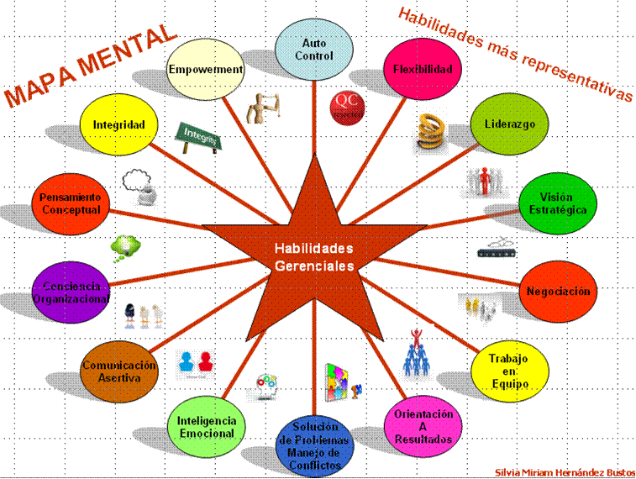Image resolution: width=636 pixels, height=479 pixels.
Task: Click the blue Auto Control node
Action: (313, 49)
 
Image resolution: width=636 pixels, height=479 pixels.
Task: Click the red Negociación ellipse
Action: (558, 292)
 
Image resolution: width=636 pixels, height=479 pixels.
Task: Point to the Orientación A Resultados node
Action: (423, 426)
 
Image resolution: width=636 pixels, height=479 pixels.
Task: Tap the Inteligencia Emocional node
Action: (207, 426)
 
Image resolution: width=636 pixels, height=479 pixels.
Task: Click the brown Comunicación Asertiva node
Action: (119, 371)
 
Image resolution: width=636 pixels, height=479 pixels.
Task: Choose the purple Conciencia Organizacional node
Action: (71, 292)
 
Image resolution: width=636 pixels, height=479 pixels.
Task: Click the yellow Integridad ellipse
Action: (118, 125)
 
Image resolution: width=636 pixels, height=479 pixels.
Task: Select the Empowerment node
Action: (205, 70)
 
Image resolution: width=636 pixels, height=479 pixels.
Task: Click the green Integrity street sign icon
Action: (197, 136)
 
